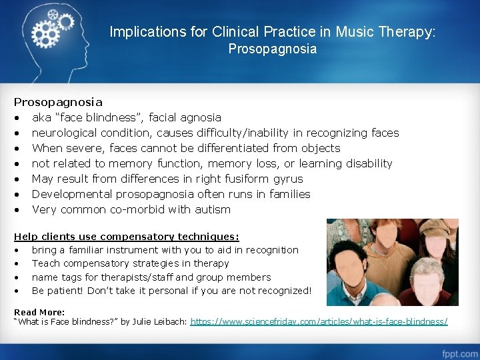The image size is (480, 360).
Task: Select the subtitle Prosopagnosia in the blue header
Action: point(273,49)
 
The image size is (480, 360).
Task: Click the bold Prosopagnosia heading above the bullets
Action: point(59,102)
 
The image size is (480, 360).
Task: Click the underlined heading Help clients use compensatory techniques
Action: point(127,236)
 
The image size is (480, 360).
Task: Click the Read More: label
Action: point(39,312)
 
